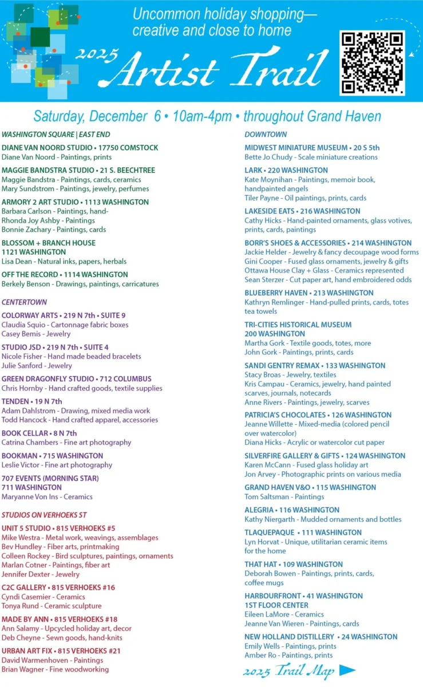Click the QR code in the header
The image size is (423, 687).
372,63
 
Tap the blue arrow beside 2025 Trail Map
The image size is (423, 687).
347,670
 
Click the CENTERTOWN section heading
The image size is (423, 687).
25,302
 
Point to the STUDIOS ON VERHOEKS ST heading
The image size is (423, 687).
44,515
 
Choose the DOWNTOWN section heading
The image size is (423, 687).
266,135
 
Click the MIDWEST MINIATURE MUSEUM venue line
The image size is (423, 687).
312,148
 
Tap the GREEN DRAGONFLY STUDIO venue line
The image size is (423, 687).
76,379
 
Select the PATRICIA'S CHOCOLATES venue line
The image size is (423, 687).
318,415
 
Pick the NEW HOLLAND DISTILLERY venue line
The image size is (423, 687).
321,637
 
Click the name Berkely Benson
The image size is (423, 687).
27,283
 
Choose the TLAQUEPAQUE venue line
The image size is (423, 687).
303,532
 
